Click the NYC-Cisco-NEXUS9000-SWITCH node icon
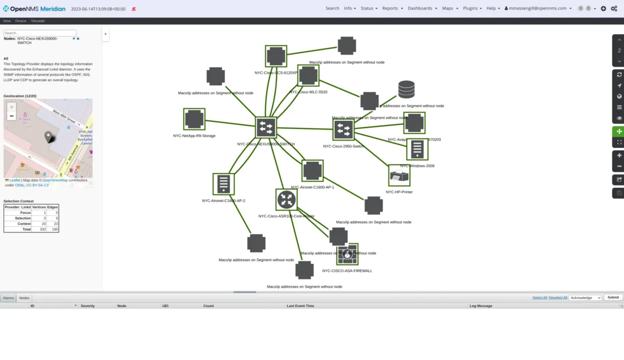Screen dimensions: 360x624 click(266, 127)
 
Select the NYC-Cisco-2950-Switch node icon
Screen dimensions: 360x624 click(343, 130)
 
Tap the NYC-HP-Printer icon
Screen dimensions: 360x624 click(399, 176)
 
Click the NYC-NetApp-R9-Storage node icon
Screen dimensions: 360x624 click(194, 119)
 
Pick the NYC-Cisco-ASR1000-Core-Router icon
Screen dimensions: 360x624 click(286, 199)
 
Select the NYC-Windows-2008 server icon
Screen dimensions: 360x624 click(417, 150)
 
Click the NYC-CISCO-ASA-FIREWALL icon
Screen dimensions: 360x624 click(347, 255)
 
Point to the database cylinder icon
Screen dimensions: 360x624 click(406, 89)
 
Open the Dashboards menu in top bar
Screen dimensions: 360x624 click(422, 8)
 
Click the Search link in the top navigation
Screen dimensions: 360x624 click(332, 8)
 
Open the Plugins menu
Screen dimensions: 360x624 click(472, 8)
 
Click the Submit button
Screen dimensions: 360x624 click(613, 298)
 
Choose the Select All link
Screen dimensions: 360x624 click(540, 298)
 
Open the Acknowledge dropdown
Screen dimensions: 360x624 click(586, 298)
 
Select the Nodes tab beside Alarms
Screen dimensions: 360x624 click(24, 298)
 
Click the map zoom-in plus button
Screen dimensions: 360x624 click(11, 107)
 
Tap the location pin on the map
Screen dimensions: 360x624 click(49, 137)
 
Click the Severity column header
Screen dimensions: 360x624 click(87, 306)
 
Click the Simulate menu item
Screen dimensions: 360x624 click(38, 21)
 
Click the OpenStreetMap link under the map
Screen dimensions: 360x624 click(55, 180)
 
